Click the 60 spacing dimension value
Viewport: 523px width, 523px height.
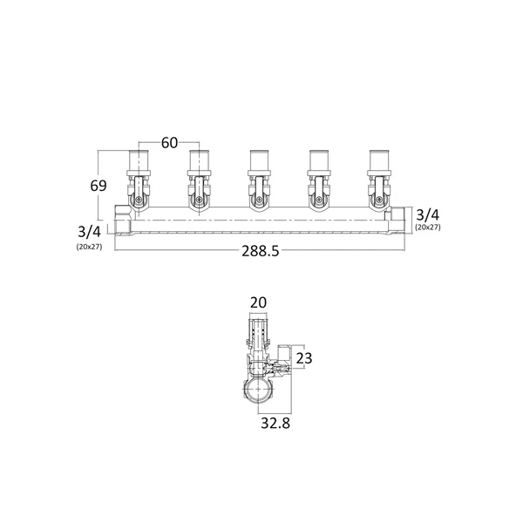tap(169, 143)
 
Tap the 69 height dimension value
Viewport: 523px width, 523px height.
tap(98, 186)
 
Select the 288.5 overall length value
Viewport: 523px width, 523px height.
tap(260, 251)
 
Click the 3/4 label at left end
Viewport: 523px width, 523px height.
tap(89, 232)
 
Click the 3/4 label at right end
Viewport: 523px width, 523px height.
tap(428, 215)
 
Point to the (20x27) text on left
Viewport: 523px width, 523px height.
tap(89, 248)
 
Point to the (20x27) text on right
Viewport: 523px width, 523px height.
tap(428, 228)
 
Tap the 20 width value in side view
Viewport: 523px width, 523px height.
tap(258, 302)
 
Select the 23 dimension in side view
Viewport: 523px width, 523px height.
tap(304, 358)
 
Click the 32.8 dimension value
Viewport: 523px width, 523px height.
tap(275, 424)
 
